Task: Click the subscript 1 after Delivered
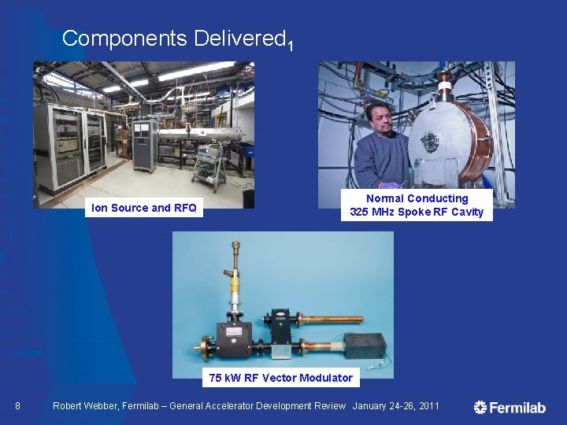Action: pyautogui.click(x=291, y=46)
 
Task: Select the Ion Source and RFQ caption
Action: pyautogui.click(x=144, y=208)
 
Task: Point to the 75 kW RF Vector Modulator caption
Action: pyautogui.click(x=280, y=378)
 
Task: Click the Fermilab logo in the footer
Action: pyautogui.click(x=510, y=407)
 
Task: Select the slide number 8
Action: pyautogui.click(x=18, y=406)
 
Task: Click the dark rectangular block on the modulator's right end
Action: pyautogui.click(x=364, y=346)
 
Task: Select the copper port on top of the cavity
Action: pyautogui.click(x=447, y=81)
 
